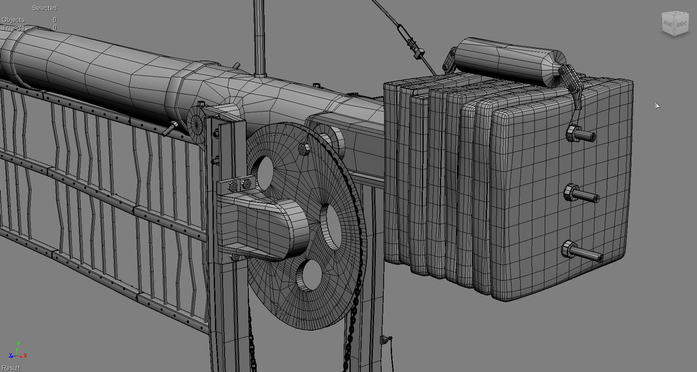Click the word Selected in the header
[x=44, y=8]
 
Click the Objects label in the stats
[x=13, y=20]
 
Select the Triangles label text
[x=15, y=28]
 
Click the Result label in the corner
[x=11, y=368]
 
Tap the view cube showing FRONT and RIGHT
[x=675, y=24]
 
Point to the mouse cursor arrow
[x=657, y=106]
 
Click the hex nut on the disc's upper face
[x=304, y=149]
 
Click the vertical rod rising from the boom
[x=259, y=36]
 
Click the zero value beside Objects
[x=54, y=20]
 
